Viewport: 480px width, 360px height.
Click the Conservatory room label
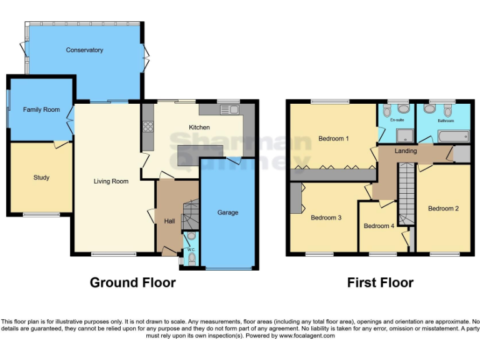click(84, 50)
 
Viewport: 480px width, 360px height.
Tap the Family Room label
click(41, 110)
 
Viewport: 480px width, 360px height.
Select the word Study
click(41, 177)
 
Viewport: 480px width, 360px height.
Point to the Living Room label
click(111, 182)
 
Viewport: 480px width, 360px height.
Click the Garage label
click(227, 212)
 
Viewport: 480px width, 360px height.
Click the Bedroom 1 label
click(333, 139)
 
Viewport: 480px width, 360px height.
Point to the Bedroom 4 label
click(379, 226)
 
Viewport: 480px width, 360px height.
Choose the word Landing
click(407, 151)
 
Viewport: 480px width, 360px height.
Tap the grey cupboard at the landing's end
click(462, 154)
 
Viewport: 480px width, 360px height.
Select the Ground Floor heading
click(132, 282)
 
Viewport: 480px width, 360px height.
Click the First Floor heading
click(380, 282)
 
